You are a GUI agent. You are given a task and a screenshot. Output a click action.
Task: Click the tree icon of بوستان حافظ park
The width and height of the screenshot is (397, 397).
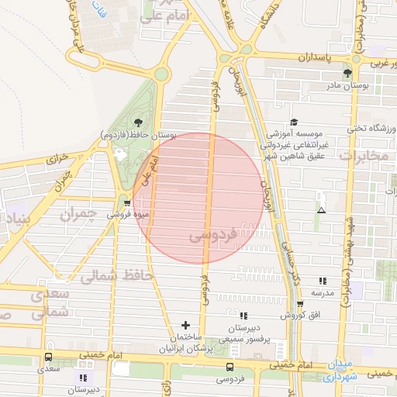tap(138, 122)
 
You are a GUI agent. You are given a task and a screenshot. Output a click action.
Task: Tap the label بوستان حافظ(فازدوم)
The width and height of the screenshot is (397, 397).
tap(138, 135)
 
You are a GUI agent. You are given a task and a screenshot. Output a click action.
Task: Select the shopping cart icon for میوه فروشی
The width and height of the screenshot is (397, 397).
tap(127, 204)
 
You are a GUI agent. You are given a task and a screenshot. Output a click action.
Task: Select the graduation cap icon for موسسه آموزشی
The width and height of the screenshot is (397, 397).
tap(294, 123)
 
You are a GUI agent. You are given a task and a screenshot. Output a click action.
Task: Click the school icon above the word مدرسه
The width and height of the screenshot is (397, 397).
tap(323, 281)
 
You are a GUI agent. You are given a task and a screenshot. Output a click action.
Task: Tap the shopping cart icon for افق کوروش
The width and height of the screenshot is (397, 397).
tap(300, 304)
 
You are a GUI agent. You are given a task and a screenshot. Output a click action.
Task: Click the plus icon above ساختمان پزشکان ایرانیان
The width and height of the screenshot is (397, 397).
tap(185, 326)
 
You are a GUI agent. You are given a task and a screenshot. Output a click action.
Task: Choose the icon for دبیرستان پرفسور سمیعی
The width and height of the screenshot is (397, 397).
tap(243, 316)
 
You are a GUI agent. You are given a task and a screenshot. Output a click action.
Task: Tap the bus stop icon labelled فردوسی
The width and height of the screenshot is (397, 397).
tap(230, 367)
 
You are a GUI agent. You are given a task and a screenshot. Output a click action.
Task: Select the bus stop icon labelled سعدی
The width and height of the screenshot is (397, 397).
tap(49, 357)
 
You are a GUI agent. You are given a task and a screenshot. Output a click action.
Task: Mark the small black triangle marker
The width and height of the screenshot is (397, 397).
tap(321, 210)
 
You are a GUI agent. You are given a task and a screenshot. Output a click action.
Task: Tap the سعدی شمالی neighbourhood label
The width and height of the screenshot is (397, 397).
tap(51, 303)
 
